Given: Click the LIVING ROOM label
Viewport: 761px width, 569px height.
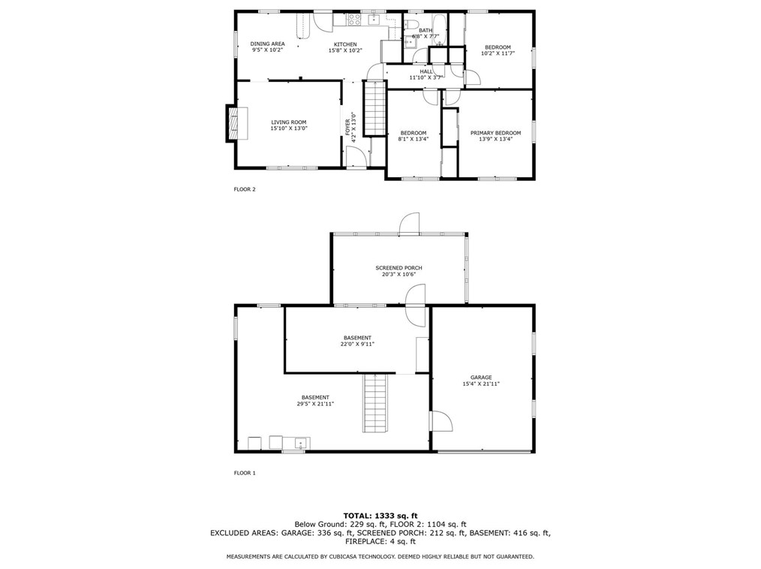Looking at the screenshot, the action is (x=289, y=122).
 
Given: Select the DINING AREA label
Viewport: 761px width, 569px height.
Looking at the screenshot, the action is (x=267, y=44).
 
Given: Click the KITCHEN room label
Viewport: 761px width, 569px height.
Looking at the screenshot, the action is (x=345, y=44).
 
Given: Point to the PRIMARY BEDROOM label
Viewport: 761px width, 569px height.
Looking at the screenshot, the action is (x=495, y=133).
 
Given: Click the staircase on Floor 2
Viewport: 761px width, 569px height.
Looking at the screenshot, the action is (x=374, y=109).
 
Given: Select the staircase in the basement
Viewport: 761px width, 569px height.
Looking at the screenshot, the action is (x=376, y=403).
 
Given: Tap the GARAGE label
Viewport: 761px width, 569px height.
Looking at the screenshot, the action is (x=481, y=378).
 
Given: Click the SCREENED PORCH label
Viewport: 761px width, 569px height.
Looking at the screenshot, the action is (x=399, y=267).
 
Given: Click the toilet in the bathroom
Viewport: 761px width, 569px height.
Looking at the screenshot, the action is (x=411, y=25).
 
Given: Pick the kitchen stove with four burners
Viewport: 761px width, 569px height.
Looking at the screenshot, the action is (x=353, y=20).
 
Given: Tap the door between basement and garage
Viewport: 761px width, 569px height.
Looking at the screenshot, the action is (x=441, y=420).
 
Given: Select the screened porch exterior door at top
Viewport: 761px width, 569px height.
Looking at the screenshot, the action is (x=409, y=224).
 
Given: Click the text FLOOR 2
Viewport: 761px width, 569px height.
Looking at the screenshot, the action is (x=245, y=189).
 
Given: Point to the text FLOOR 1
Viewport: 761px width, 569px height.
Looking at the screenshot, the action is (x=245, y=473).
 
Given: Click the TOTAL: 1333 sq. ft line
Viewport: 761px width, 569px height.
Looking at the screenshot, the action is (x=380, y=516).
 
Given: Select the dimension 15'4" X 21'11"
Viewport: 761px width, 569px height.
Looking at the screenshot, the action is (x=481, y=384).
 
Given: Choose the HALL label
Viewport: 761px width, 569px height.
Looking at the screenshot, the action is (x=426, y=71).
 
